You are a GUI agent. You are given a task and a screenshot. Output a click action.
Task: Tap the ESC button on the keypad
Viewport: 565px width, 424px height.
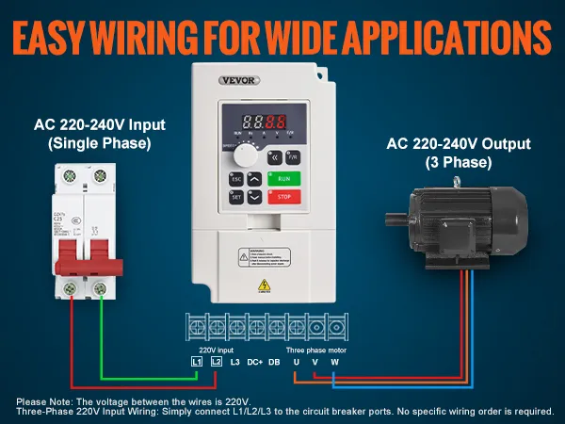pyautogui.click(x=235, y=176)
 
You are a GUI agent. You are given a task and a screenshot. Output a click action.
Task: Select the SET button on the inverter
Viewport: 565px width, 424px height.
pyautogui.click(x=235, y=198)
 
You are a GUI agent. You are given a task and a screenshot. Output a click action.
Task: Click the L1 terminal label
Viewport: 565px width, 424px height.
pyautogui.click(x=196, y=362)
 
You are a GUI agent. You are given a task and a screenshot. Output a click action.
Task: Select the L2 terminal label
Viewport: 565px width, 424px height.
pyautogui.click(x=217, y=362)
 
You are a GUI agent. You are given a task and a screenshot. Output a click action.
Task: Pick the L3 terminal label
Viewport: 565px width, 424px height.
pyautogui.click(x=236, y=362)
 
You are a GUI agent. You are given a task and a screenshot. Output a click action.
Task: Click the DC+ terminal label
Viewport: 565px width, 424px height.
pyautogui.click(x=255, y=362)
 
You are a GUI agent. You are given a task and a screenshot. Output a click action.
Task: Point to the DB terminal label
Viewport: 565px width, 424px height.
pyautogui.click(x=275, y=362)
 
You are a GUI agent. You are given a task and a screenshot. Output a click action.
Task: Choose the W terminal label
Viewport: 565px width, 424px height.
pyautogui.click(x=333, y=362)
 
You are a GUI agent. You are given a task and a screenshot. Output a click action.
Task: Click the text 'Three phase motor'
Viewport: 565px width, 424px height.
pyautogui.click(x=315, y=349)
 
